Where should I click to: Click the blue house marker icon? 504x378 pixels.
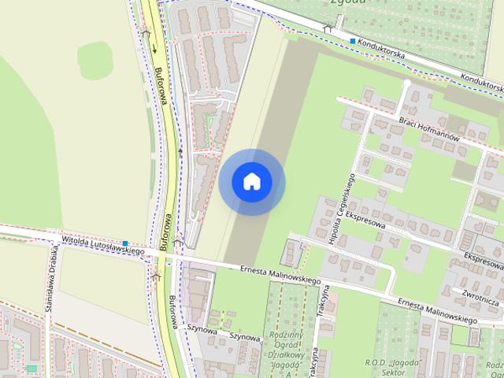point(251,181)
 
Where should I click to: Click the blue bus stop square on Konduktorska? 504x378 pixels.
point(352,40)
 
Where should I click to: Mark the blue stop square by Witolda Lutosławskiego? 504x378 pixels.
point(124,243)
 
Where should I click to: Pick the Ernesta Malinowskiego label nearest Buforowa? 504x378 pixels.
point(280,275)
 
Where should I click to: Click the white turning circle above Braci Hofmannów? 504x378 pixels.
point(407,83)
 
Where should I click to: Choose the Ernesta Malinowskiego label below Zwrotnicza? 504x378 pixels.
point(437,310)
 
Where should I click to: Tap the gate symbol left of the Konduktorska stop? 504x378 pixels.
point(327,29)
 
